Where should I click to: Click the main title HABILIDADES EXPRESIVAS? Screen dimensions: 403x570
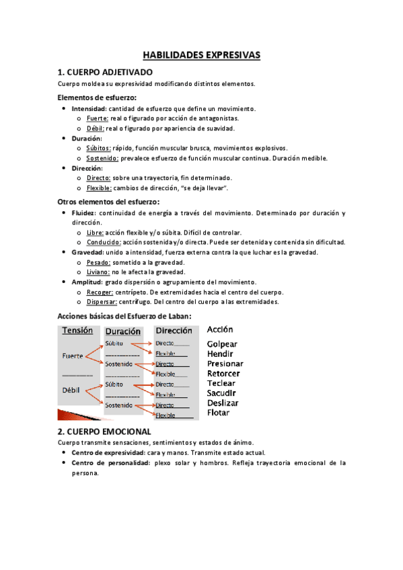tap(201, 54)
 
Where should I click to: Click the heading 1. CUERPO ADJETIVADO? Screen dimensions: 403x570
tap(105, 72)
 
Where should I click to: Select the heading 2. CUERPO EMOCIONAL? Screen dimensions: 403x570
tap(104, 431)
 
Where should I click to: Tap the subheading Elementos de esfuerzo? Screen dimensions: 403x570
tap(97, 97)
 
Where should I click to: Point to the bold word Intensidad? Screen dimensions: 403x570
tap(88, 108)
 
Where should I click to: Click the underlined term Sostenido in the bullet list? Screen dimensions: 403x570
tap(103, 158)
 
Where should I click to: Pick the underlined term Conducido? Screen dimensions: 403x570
tap(104, 242)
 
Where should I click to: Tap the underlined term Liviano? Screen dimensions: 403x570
tap(100, 272)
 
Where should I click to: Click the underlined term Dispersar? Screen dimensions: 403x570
tap(103, 302)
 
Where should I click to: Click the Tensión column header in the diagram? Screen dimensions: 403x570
tap(77, 330)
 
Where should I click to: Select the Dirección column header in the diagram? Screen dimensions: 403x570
tap(175, 331)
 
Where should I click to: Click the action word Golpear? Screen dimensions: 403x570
tap(222, 344)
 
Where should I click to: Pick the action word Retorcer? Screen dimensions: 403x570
tap(223, 374)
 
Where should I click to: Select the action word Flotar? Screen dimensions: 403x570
tap(218, 413)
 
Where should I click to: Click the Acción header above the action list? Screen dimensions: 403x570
tap(220, 329)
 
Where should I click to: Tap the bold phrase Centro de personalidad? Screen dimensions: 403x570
tap(111, 462)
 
